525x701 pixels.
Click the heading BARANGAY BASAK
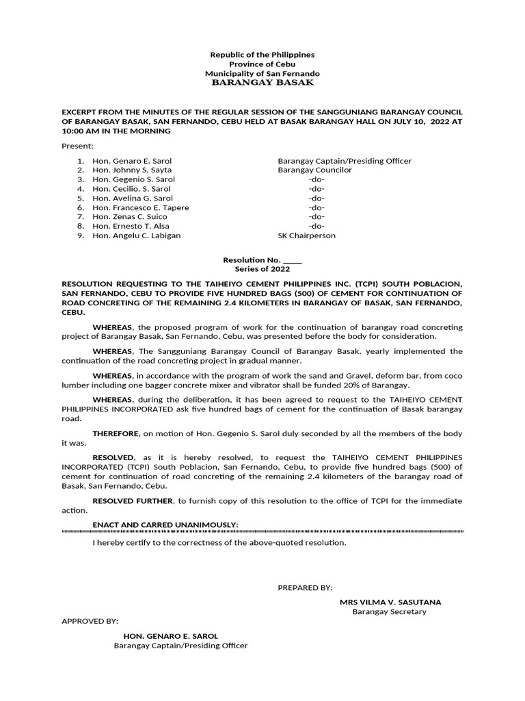click(x=262, y=82)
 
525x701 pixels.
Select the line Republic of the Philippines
click(x=262, y=54)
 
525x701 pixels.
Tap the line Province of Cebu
click(x=262, y=64)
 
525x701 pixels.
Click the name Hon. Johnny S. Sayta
click(x=132, y=170)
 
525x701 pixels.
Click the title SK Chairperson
click(x=306, y=235)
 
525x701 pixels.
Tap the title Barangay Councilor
click(x=314, y=170)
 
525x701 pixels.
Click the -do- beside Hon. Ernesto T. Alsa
click(x=316, y=226)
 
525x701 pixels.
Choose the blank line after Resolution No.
click(x=292, y=260)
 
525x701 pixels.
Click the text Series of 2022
click(x=262, y=269)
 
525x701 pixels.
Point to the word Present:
click(x=77, y=146)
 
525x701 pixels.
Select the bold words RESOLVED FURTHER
click(x=133, y=501)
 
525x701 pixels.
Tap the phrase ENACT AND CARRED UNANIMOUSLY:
click(x=165, y=524)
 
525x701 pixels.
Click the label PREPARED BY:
click(x=305, y=587)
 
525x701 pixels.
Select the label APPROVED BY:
click(x=90, y=621)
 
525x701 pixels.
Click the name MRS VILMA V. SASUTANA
click(x=390, y=602)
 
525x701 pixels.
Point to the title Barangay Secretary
click(x=389, y=611)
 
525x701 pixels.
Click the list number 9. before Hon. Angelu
click(x=80, y=235)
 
